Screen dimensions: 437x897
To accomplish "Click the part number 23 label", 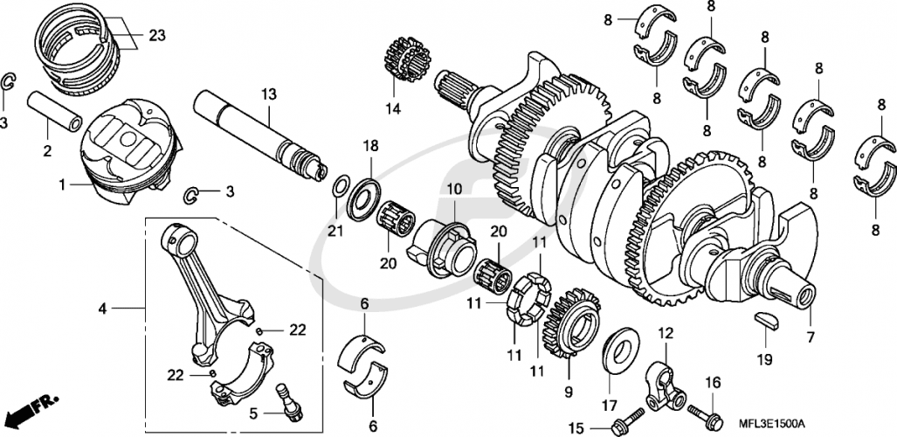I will [155, 36].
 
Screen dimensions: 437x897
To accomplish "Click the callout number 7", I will [810, 336].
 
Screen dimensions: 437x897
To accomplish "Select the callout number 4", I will [103, 309].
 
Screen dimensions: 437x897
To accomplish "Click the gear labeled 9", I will [571, 329].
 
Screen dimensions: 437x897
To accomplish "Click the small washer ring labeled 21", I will [341, 186].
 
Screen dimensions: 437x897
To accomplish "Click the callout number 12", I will [666, 332].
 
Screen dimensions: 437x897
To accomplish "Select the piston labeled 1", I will [131, 149].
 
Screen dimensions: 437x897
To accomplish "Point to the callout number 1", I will [62, 185].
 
